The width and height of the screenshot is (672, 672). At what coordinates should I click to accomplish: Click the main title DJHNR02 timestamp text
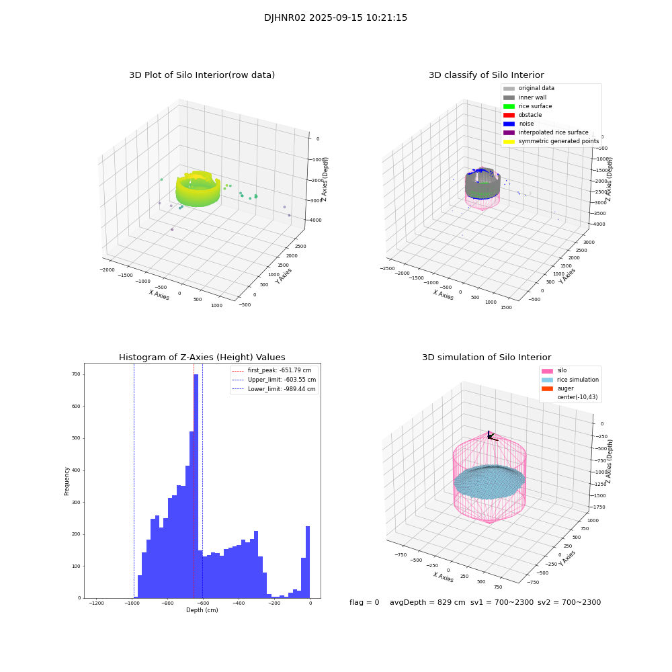click(x=335, y=18)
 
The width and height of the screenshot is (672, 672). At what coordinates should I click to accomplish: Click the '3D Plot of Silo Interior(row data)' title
click(x=202, y=75)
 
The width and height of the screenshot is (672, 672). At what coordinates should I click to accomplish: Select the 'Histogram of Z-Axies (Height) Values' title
click(x=202, y=358)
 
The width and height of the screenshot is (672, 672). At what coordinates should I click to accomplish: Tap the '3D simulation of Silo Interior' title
click(x=487, y=358)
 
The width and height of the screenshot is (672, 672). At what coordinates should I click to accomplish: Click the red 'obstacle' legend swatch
click(x=509, y=115)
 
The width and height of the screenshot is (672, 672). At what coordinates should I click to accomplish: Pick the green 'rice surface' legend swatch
click(x=509, y=106)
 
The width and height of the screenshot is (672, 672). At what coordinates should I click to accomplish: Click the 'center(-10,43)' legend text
click(x=577, y=397)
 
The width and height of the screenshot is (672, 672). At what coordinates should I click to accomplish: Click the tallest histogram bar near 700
click(x=196, y=484)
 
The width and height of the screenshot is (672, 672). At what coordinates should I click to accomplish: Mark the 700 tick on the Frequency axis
click(x=78, y=374)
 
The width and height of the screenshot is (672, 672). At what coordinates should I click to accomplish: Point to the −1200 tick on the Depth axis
click(x=97, y=603)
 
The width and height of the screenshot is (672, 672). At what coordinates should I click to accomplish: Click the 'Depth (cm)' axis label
click(x=202, y=610)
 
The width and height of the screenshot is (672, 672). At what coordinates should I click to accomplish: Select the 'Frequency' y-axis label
click(x=67, y=480)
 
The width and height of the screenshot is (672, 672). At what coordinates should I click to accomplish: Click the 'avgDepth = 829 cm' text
click(x=427, y=603)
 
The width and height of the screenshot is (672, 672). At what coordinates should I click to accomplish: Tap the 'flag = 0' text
click(x=364, y=603)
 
